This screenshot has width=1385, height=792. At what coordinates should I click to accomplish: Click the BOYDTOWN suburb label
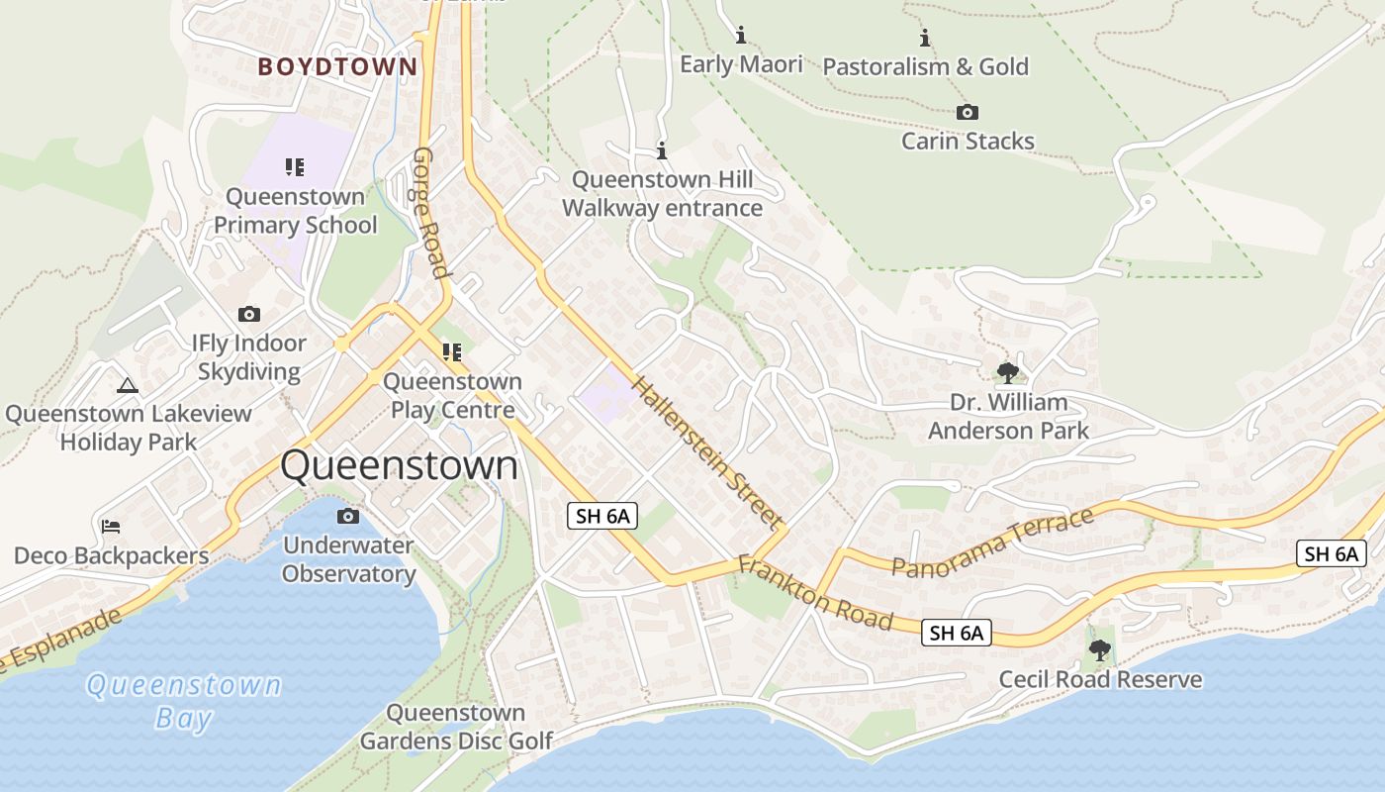tap(337, 67)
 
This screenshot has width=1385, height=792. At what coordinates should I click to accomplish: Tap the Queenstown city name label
tap(399, 465)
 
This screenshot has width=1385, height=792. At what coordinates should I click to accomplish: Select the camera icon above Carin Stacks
tap(968, 113)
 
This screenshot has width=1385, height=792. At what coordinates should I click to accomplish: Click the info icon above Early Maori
tap(741, 36)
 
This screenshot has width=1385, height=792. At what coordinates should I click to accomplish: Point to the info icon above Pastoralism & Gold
tap(925, 39)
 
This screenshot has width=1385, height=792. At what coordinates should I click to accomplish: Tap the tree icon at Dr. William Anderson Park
tap(1008, 373)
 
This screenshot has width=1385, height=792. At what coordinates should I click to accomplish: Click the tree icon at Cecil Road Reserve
tap(1099, 650)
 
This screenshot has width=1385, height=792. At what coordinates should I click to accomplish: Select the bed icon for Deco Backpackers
tap(111, 526)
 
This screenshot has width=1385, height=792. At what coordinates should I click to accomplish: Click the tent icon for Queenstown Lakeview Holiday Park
tap(127, 385)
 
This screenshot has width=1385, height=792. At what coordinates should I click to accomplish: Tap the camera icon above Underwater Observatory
tap(348, 516)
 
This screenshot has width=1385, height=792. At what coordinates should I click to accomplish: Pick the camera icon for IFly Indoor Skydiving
tap(249, 315)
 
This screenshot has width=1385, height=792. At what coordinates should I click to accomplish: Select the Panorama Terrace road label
tap(992, 542)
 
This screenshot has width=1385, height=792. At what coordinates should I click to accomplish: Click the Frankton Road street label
tap(815, 592)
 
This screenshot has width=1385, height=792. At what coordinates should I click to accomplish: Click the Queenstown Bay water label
tap(184, 701)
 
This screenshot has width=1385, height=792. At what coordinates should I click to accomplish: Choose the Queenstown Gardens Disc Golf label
tap(456, 727)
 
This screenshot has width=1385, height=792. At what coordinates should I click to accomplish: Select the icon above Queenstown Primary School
tap(295, 166)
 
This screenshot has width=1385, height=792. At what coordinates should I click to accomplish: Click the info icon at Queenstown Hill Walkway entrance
tap(662, 151)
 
